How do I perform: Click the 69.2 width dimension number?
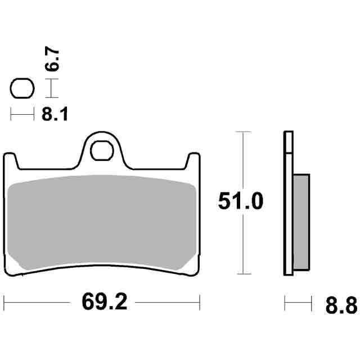pyautogui.click(x=105, y=302)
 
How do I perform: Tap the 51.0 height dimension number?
pyautogui.click(x=240, y=201)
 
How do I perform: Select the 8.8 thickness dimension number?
pyautogui.click(x=341, y=305)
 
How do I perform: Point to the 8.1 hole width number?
pyautogui.click(x=55, y=114)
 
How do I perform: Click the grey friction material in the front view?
pyautogui.click(x=102, y=222)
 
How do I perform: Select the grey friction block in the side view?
pyautogui.click(x=301, y=222)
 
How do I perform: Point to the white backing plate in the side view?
pyautogui.click(x=289, y=203)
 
